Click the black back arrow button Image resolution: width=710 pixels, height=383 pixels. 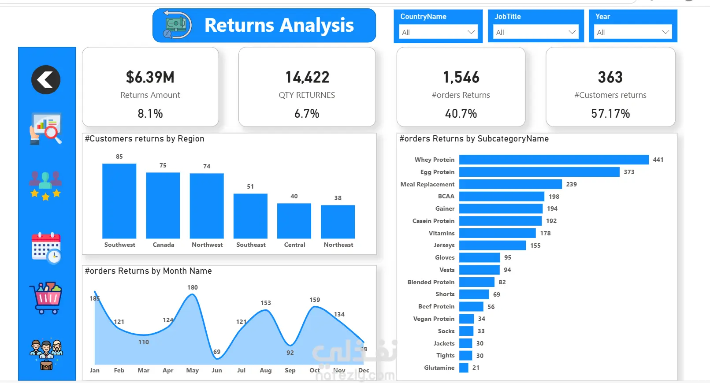coord(46,80)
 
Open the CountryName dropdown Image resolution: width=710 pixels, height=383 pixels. coord(438,32)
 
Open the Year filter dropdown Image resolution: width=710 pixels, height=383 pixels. coord(633,32)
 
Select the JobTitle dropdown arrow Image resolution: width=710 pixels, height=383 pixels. coord(572,32)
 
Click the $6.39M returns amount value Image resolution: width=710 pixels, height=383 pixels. coord(150,77)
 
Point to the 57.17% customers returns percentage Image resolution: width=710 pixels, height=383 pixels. coord(610,114)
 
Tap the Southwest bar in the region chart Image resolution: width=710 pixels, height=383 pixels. coord(119,201)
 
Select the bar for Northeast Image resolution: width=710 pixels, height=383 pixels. coord(338,222)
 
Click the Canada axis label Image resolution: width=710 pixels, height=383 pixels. coord(163,245)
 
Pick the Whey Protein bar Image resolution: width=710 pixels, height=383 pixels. coord(554,160)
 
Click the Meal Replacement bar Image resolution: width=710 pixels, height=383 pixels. coord(510,184)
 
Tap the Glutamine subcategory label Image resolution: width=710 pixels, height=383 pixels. coord(439,368)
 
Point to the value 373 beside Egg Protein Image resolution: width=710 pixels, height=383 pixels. coord(629,172)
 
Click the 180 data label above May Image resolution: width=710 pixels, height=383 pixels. coord(193,287)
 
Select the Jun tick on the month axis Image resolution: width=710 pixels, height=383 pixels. coord(217,370)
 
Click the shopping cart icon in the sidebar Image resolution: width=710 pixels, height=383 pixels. coord(46,297)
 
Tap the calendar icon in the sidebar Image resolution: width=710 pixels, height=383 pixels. coord(46,248)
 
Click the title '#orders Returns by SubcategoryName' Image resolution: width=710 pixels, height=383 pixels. coord(474,139)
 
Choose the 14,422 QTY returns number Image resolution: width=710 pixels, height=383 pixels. coord(307,77)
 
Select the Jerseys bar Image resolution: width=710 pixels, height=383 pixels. coord(493,245)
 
